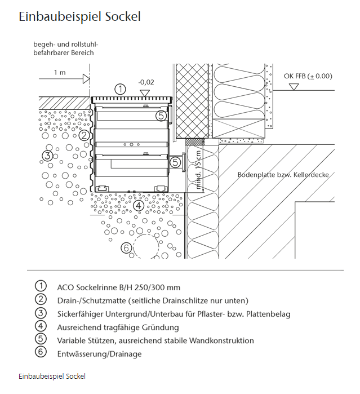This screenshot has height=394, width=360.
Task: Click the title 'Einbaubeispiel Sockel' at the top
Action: tap(79, 17)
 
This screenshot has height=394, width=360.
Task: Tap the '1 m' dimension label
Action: tap(60, 72)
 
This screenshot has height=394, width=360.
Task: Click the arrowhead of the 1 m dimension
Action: tap(86, 79)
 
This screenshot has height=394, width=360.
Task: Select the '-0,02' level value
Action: tap(146, 82)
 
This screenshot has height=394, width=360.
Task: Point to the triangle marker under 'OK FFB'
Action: tap(294, 87)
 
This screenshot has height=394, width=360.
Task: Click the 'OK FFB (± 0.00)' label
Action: tap(308, 76)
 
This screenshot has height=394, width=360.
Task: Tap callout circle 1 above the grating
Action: tap(121, 89)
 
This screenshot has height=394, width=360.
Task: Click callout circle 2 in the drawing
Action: tap(84, 135)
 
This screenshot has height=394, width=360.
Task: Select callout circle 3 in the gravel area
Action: tap(47, 156)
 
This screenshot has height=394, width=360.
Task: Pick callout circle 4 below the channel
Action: tap(139, 206)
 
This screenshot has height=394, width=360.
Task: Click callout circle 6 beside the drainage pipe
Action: tap(126, 248)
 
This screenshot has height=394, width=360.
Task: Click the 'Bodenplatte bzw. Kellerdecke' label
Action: tap(283, 175)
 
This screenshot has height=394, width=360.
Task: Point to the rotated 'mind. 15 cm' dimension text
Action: tap(198, 170)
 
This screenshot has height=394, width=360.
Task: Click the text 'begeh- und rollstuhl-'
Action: tap(66, 45)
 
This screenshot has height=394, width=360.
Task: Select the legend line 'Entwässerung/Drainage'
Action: tap(100, 354)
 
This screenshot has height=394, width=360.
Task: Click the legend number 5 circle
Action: tap(41, 338)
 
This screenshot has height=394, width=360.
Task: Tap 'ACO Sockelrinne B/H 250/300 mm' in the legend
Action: tap(119, 287)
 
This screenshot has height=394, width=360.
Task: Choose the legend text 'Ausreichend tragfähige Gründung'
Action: tap(118, 327)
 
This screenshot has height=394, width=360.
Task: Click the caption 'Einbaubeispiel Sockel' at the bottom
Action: tap(52, 376)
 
